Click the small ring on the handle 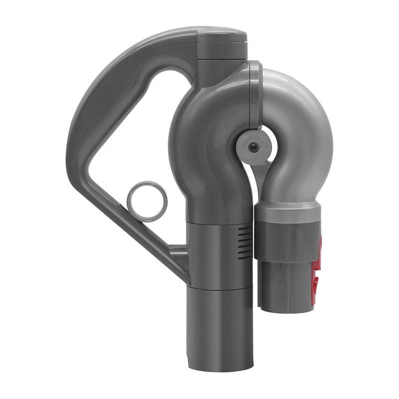click(147, 201)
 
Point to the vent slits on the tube click(244, 242)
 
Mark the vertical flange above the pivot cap click(254, 95)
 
